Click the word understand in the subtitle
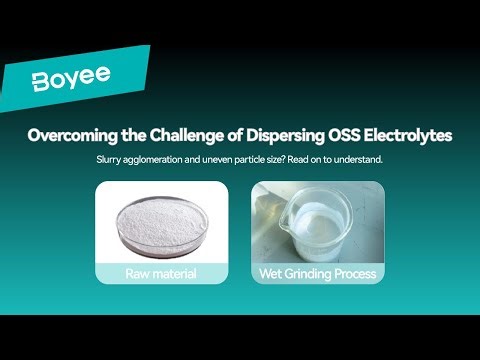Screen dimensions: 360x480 coord(369,160)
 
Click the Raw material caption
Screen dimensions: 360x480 coord(162,273)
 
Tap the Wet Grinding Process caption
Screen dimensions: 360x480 coord(317,273)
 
